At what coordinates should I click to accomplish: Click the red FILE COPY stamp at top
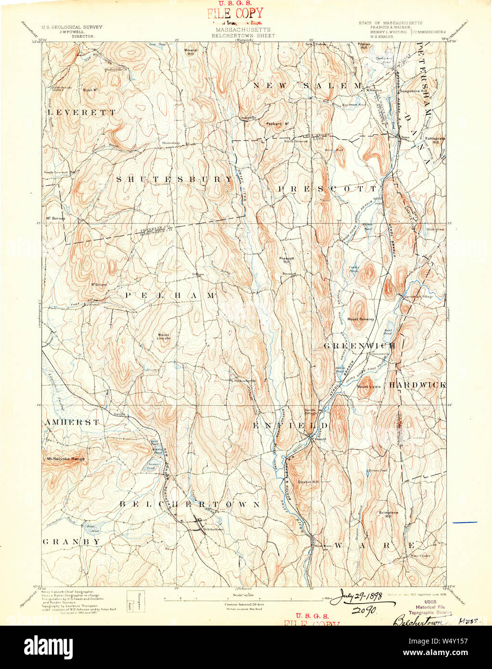coord(235,13)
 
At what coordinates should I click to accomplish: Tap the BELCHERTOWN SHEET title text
coord(243,36)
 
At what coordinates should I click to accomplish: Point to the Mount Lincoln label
coord(164,336)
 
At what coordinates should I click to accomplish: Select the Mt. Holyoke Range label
coord(65,459)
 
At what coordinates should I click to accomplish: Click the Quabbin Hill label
coord(308,482)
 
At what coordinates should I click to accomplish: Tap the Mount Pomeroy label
coord(361,319)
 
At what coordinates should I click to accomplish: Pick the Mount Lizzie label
coord(369,386)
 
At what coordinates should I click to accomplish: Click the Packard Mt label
coord(277,124)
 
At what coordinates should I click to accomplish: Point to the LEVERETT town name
coord(81,112)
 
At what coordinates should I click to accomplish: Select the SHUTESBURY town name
coord(174,179)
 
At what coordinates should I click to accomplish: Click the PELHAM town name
coord(170,295)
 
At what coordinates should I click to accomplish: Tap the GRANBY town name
coord(72,541)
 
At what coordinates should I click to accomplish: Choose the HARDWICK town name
coord(417,385)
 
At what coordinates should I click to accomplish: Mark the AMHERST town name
coord(72,422)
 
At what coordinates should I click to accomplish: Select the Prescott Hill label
coord(287,260)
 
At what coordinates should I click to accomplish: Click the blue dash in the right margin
coord(465,522)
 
